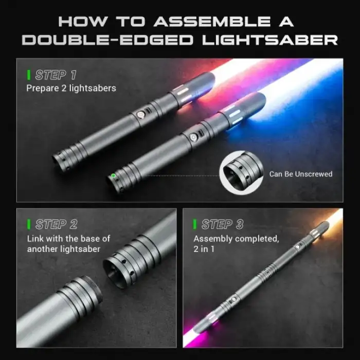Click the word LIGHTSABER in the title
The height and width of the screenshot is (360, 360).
pyautogui.click(x=270, y=40)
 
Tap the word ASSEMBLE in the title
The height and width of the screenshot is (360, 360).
pyautogui.click(x=212, y=22)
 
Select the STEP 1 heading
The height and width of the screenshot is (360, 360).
pyautogui.click(x=56, y=75)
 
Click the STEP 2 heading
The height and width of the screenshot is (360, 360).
pyautogui.click(x=57, y=224)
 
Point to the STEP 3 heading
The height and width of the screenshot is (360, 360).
pyautogui.click(x=223, y=224)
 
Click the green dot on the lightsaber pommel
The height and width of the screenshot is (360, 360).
pyautogui.click(x=113, y=176)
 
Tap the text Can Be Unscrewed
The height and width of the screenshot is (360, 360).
pyautogui.click(x=301, y=174)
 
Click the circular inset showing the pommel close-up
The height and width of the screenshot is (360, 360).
pyautogui.click(x=241, y=173)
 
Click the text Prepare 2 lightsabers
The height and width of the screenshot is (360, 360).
pyautogui.click(x=71, y=88)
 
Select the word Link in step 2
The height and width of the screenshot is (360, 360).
pyautogui.click(x=35, y=239)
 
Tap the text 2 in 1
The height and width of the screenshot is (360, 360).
pyautogui.click(x=204, y=249)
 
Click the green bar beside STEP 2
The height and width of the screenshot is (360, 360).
pyautogui.click(x=29, y=224)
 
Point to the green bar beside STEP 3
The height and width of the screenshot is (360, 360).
pyautogui.click(x=195, y=224)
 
